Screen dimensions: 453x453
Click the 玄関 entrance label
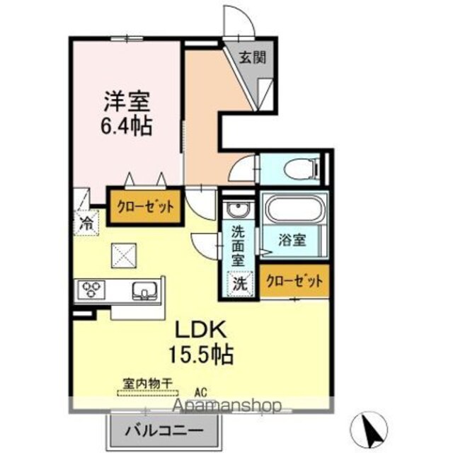252,58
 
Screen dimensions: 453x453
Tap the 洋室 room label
127,102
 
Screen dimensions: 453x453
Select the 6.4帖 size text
126,126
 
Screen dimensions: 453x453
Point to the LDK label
201,330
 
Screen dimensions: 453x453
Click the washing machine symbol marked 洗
240,283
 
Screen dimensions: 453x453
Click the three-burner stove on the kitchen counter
90,289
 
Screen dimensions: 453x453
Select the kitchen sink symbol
144,290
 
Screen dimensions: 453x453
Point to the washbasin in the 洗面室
238,208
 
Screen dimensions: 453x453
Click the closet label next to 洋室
145,206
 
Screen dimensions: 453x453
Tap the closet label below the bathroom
294,280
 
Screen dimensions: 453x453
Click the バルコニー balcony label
164,431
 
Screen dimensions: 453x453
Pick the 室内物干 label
148,384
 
